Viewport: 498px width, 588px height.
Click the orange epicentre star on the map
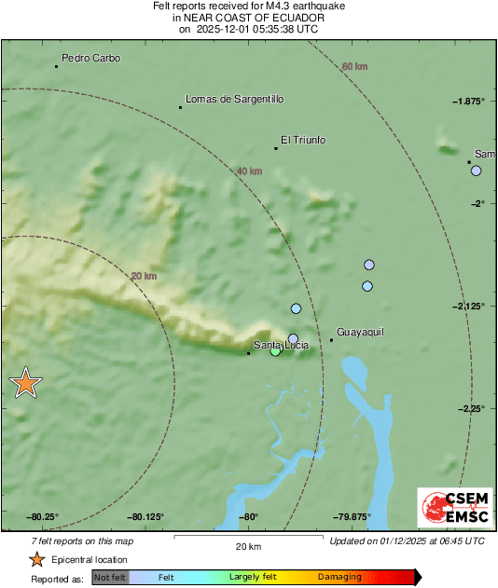[26, 382]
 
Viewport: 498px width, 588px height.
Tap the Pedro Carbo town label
[90, 58]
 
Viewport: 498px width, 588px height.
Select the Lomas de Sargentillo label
[234, 99]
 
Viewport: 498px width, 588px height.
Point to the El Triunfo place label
[303, 140]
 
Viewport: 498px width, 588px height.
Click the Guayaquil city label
[360, 332]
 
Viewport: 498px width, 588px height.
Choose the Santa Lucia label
[281, 346]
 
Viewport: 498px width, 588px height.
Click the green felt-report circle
[275, 351]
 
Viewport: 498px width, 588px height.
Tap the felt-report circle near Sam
[476, 171]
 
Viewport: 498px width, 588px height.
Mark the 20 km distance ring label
[144, 276]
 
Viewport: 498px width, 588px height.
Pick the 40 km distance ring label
[249, 171]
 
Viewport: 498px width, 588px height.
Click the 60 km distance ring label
[354, 66]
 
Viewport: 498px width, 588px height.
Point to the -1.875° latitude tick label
[468, 101]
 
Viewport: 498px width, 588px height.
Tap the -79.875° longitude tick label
[353, 517]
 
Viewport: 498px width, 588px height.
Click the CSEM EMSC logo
[450, 509]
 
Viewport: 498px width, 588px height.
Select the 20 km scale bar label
[248, 546]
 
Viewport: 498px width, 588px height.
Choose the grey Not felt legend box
[110, 577]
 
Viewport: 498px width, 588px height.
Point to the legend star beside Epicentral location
[36, 559]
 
